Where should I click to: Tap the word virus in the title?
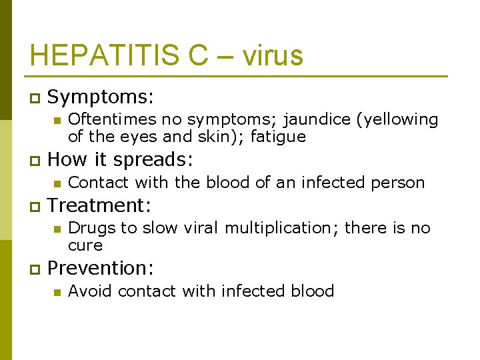tap(273, 55)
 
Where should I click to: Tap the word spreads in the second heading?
tap(153, 160)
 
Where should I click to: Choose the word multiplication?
tap(282, 228)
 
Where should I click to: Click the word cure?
tap(85, 245)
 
